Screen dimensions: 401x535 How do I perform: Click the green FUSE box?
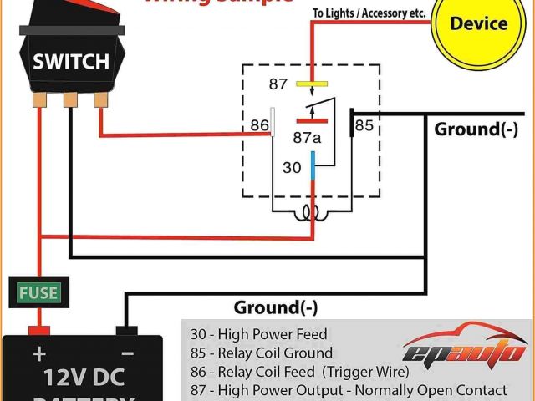click(x=38, y=292)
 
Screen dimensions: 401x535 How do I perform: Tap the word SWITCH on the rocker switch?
click(x=70, y=61)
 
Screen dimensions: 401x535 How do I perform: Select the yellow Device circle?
click(x=478, y=23)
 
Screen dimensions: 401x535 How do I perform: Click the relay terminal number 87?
click(x=278, y=84)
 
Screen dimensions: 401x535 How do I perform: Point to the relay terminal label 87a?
click(x=306, y=137)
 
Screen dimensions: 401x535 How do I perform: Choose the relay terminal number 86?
click(x=259, y=126)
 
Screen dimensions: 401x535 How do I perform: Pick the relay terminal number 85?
click(x=364, y=126)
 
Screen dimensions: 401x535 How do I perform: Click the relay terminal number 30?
click(x=291, y=168)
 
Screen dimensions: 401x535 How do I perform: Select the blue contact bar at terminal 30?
click(x=313, y=165)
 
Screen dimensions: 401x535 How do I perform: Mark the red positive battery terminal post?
click(x=38, y=330)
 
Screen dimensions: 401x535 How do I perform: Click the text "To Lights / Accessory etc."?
click(x=369, y=14)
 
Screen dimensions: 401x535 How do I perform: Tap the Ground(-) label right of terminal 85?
click(x=476, y=129)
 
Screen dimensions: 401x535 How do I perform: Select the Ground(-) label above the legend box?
click(x=276, y=307)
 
